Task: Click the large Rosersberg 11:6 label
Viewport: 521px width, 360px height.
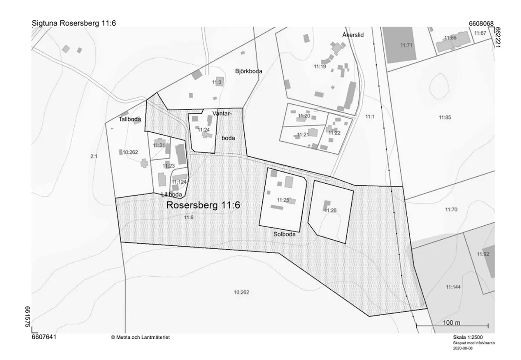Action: coord(203,205)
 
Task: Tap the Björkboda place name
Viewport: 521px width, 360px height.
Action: coord(248,71)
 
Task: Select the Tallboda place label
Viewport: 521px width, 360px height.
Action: coord(130,119)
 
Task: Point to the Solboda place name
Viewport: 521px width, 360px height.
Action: coord(284,234)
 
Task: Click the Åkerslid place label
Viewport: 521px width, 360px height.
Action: coord(353,35)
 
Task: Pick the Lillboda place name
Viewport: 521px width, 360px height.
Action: coord(171,194)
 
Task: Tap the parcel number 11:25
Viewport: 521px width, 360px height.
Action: coord(283,200)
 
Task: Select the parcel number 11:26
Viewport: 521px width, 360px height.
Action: coord(330,210)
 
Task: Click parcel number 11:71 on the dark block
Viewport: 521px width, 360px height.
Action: coord(406,45)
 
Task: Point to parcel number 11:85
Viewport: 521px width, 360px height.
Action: coord(445,118)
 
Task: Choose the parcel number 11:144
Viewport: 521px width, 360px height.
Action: coord(453,287)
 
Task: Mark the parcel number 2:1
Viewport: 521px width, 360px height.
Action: coord(94,156)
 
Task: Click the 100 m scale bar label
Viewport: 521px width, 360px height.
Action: coord(452,323)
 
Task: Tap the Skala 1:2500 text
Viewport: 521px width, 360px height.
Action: coord(468,337)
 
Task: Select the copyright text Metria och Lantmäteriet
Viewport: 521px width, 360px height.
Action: coord(141,337)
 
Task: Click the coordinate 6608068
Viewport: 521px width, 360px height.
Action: coord(481,23)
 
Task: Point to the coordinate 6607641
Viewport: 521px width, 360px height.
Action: coord(44,337)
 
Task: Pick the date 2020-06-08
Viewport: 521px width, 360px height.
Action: coord(463,348)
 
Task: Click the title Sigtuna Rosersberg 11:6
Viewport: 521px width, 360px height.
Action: coord(74,23)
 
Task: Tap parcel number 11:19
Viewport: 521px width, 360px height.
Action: coord(320,66)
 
